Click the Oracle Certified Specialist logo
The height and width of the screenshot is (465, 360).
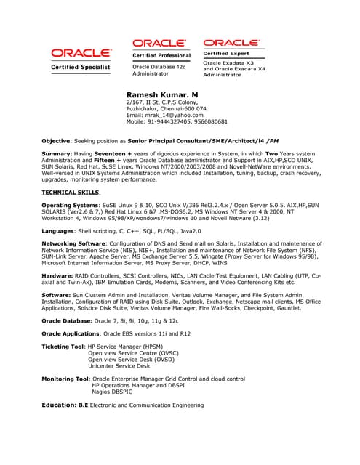80,58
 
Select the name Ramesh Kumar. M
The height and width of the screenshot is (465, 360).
162,95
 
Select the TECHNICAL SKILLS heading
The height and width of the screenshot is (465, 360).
71,193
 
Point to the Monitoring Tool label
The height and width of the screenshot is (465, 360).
66,379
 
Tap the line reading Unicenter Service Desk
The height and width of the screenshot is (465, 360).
119,365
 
